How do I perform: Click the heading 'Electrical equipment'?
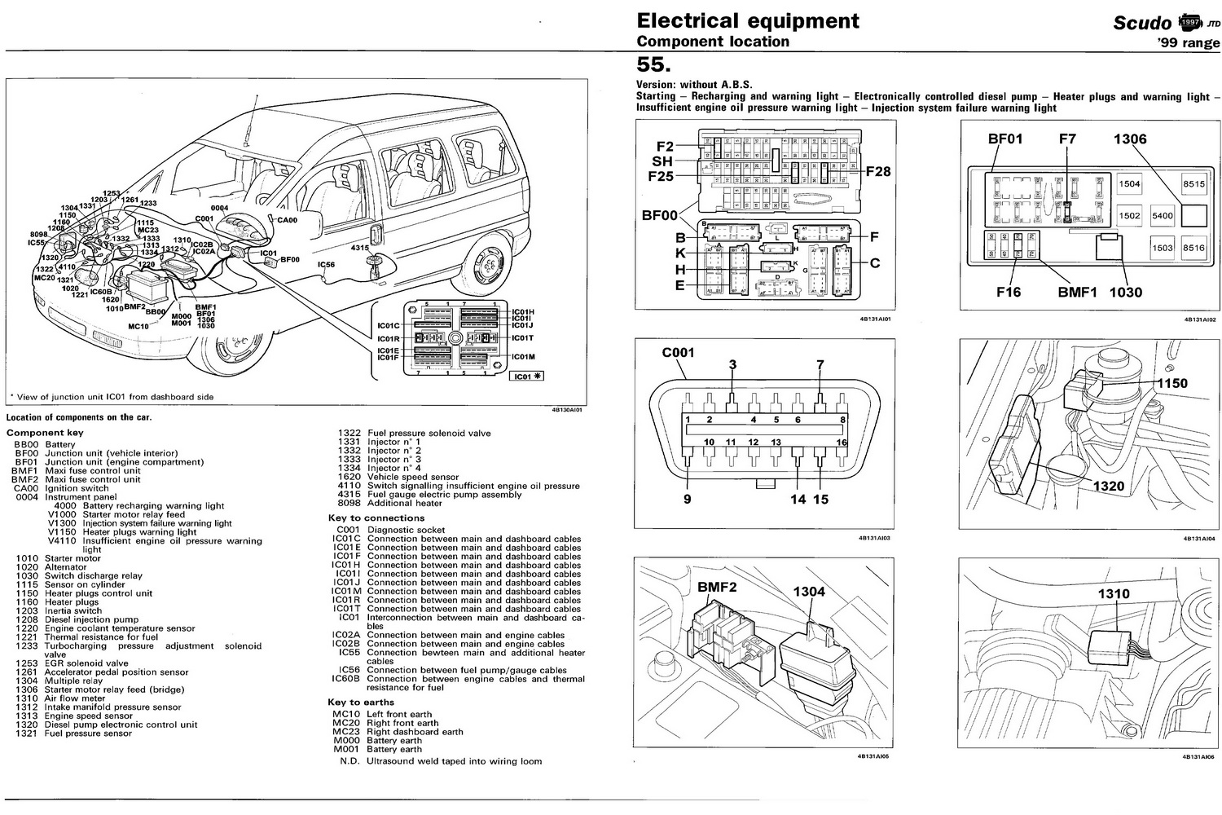747,21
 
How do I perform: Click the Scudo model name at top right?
1141,23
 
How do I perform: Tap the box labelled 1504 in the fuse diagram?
1129,185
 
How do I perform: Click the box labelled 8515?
1193,185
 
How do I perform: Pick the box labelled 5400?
1162,216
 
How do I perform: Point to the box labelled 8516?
1193,248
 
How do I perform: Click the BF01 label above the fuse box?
1004,139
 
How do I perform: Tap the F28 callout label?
877,172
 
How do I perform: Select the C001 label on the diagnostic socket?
678,354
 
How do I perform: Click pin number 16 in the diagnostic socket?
842,442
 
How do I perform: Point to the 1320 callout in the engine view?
1108,487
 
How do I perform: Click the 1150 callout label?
1172,383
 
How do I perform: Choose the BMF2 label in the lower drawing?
717,587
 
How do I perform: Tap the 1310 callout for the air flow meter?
1113,594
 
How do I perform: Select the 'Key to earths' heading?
361,703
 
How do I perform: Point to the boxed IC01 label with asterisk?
525,377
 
